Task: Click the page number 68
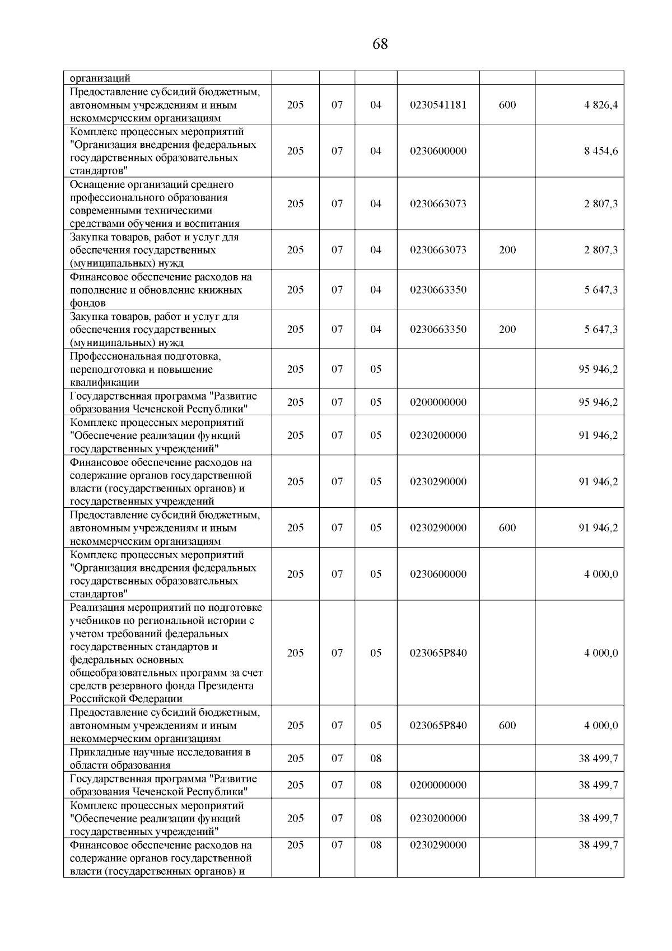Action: (x=380, y=44)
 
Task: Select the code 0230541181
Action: (x=438, y=105)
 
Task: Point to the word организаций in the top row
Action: (x=100, y=78)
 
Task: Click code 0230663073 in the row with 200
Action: (x=438, y=250)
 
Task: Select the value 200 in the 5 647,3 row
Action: (x=507, y=330)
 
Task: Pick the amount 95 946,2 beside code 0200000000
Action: (x=598, y=402)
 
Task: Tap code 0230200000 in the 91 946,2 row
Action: (x=438, y=435)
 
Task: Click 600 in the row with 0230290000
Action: (x=507, y=528)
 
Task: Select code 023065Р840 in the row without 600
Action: (x=438, y=653)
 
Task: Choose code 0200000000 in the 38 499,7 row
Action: (x=438, y=785)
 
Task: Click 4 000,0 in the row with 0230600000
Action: (x=601, y=574)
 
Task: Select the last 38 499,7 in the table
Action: (x=598, y=845)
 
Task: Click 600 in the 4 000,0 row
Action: (x=507, y=726)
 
